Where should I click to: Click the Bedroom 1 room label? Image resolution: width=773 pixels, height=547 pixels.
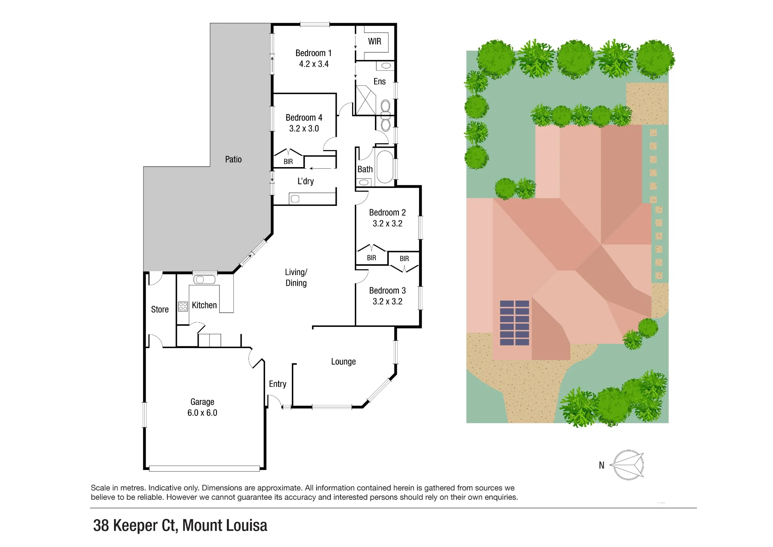click(313, 53)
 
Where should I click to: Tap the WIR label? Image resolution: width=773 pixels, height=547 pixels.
click(375, 41)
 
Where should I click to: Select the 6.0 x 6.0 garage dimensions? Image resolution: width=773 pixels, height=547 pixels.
click(202, 413)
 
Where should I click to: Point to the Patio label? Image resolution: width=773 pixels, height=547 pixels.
click(233, 159)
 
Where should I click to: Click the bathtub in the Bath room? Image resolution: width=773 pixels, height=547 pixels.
click(385, 167)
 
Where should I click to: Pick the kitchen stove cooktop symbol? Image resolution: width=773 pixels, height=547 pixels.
click(183, 307)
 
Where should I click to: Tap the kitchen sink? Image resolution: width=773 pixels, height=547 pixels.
click(204, 279)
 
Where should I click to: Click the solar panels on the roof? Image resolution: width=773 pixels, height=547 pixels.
click(514, 323)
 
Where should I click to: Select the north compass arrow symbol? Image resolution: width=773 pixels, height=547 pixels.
click(627, 465)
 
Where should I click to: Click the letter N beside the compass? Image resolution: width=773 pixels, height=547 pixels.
click(601, 465)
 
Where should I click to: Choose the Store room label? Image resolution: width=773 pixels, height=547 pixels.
click(160, 309)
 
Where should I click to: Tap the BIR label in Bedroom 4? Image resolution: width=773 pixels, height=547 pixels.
click(288, 162)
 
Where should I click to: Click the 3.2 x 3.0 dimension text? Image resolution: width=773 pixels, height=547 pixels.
click(304, 128)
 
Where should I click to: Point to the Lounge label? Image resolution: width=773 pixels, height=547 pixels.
click(343, 362)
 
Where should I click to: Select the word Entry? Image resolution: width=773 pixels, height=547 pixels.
click(278, 384)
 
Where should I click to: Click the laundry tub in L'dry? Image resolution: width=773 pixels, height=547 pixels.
click(295, 199)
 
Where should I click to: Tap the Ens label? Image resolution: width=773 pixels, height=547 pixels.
click(380, 82)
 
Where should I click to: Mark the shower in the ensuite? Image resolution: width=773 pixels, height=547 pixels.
click(366, 100)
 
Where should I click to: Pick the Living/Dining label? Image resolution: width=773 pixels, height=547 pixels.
click(296, 278)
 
